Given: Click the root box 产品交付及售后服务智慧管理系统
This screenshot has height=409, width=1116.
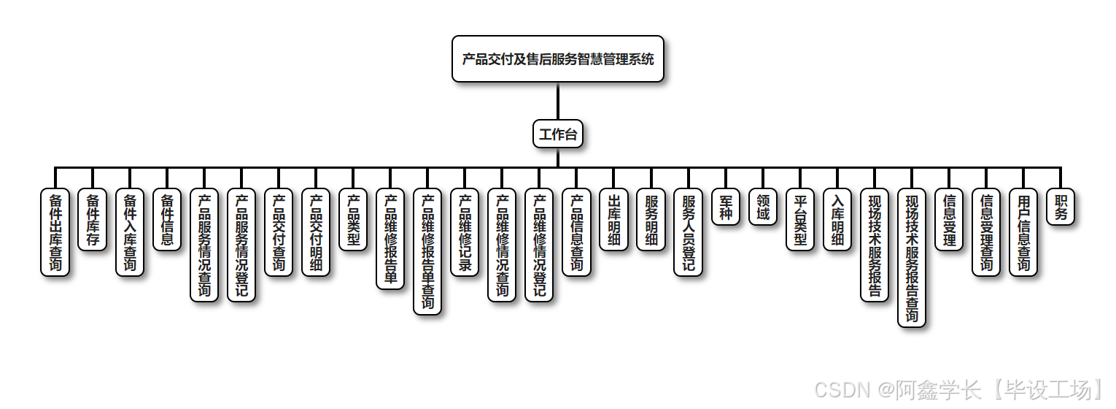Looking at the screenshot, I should pyautogui.click(x=558, y=59).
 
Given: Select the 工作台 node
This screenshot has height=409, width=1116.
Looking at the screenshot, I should pyautogui.click(x=558, y=134).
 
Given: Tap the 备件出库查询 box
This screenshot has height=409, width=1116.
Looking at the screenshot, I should pyautogui.click(x=55, y=233).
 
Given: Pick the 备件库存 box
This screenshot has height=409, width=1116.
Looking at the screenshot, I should pyautogui.click(x=93, y=220).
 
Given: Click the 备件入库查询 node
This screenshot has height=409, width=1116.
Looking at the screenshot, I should pyautogui.click(x=130, y=233).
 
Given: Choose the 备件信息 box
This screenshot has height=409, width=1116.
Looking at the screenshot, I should pyautogui.click(x=167, y=220).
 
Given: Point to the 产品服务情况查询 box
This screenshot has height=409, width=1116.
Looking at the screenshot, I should pyautogui.click(x=204, y=245).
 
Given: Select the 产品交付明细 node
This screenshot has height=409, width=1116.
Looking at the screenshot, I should pyautogui.click(x=316, y=233).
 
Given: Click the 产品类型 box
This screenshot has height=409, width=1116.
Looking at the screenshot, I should pyautogui.click(x=353, y=220).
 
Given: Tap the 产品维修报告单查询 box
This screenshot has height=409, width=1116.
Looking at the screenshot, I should pyautogui.click(x=427, y=252).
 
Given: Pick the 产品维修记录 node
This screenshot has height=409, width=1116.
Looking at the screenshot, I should pyautogui.click(x=465, y=233).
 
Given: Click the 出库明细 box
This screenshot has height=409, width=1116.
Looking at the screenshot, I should pyautogui.click(x=613, y=220).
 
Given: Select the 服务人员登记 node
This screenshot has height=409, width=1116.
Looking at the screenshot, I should pyautogui.click(x=688, y=233).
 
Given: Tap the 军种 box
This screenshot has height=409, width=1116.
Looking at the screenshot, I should pyautogui.click(x=725, y=207).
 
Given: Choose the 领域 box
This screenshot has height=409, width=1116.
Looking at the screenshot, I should pyautogui.click(x=762, y=207).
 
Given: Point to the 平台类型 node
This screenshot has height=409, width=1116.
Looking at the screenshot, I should pyautogui.click(x=800, y=220).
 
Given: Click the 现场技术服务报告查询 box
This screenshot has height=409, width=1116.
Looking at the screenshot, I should pyautogui.click(x=912, y=258).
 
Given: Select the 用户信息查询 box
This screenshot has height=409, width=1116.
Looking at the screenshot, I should pyautogui.click(x=1023, y=233).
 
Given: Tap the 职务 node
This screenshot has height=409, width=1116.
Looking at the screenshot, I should pyautogui.click(x=1061, y=207).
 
